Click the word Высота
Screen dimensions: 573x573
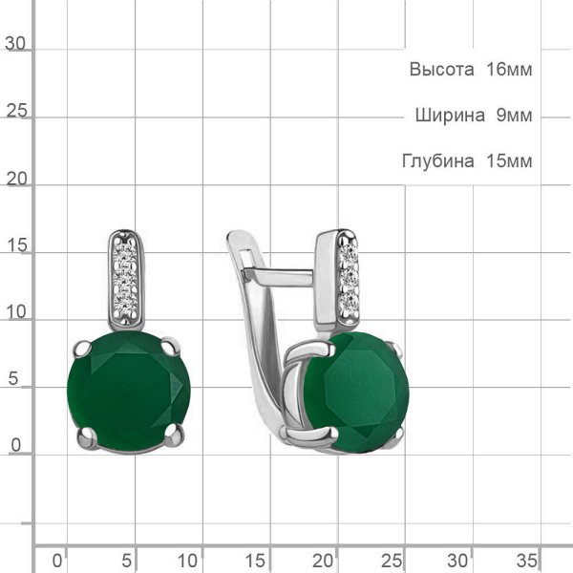click(441, 69)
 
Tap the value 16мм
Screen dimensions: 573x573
click(509, 69)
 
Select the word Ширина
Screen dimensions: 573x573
click(450, 115)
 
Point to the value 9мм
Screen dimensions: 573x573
click(514, 115)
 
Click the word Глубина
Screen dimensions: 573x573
click(438, 160)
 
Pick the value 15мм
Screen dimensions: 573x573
click(509, 160)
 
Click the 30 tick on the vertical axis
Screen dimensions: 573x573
click(15, 44)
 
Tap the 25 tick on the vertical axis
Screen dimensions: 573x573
click(16, 110)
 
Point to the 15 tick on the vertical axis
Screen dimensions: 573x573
click(16, 244)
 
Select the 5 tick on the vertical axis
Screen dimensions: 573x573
click(13, 378)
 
